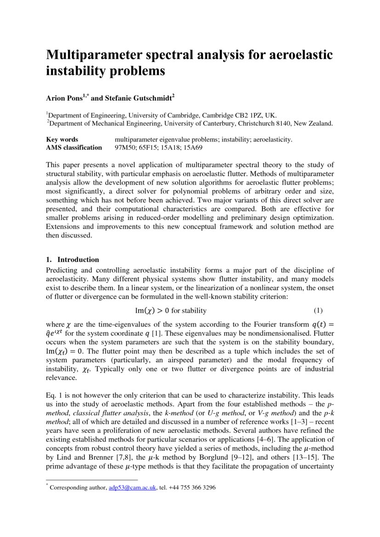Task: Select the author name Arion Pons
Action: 64,98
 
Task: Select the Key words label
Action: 62,140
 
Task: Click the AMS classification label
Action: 74,147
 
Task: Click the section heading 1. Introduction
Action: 73,260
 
